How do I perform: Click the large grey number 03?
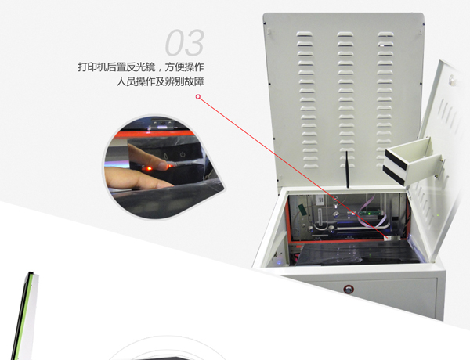(185, 42)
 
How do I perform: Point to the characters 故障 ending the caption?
(194, 81)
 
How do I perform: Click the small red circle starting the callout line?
(198, 97)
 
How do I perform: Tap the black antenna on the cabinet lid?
(347, 169)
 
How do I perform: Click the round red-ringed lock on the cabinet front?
(349, 290)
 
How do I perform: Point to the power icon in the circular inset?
(183, 155)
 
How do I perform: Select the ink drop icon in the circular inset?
(166, 156)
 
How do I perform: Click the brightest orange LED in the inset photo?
(149, 168)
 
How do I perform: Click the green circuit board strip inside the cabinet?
(371, 213)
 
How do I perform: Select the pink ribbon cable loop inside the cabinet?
(372, 210)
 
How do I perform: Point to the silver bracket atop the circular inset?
(162, 124)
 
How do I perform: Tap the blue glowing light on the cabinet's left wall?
(279, 262)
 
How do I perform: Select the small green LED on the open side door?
(438, 214)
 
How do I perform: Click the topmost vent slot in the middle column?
(345, 34)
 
